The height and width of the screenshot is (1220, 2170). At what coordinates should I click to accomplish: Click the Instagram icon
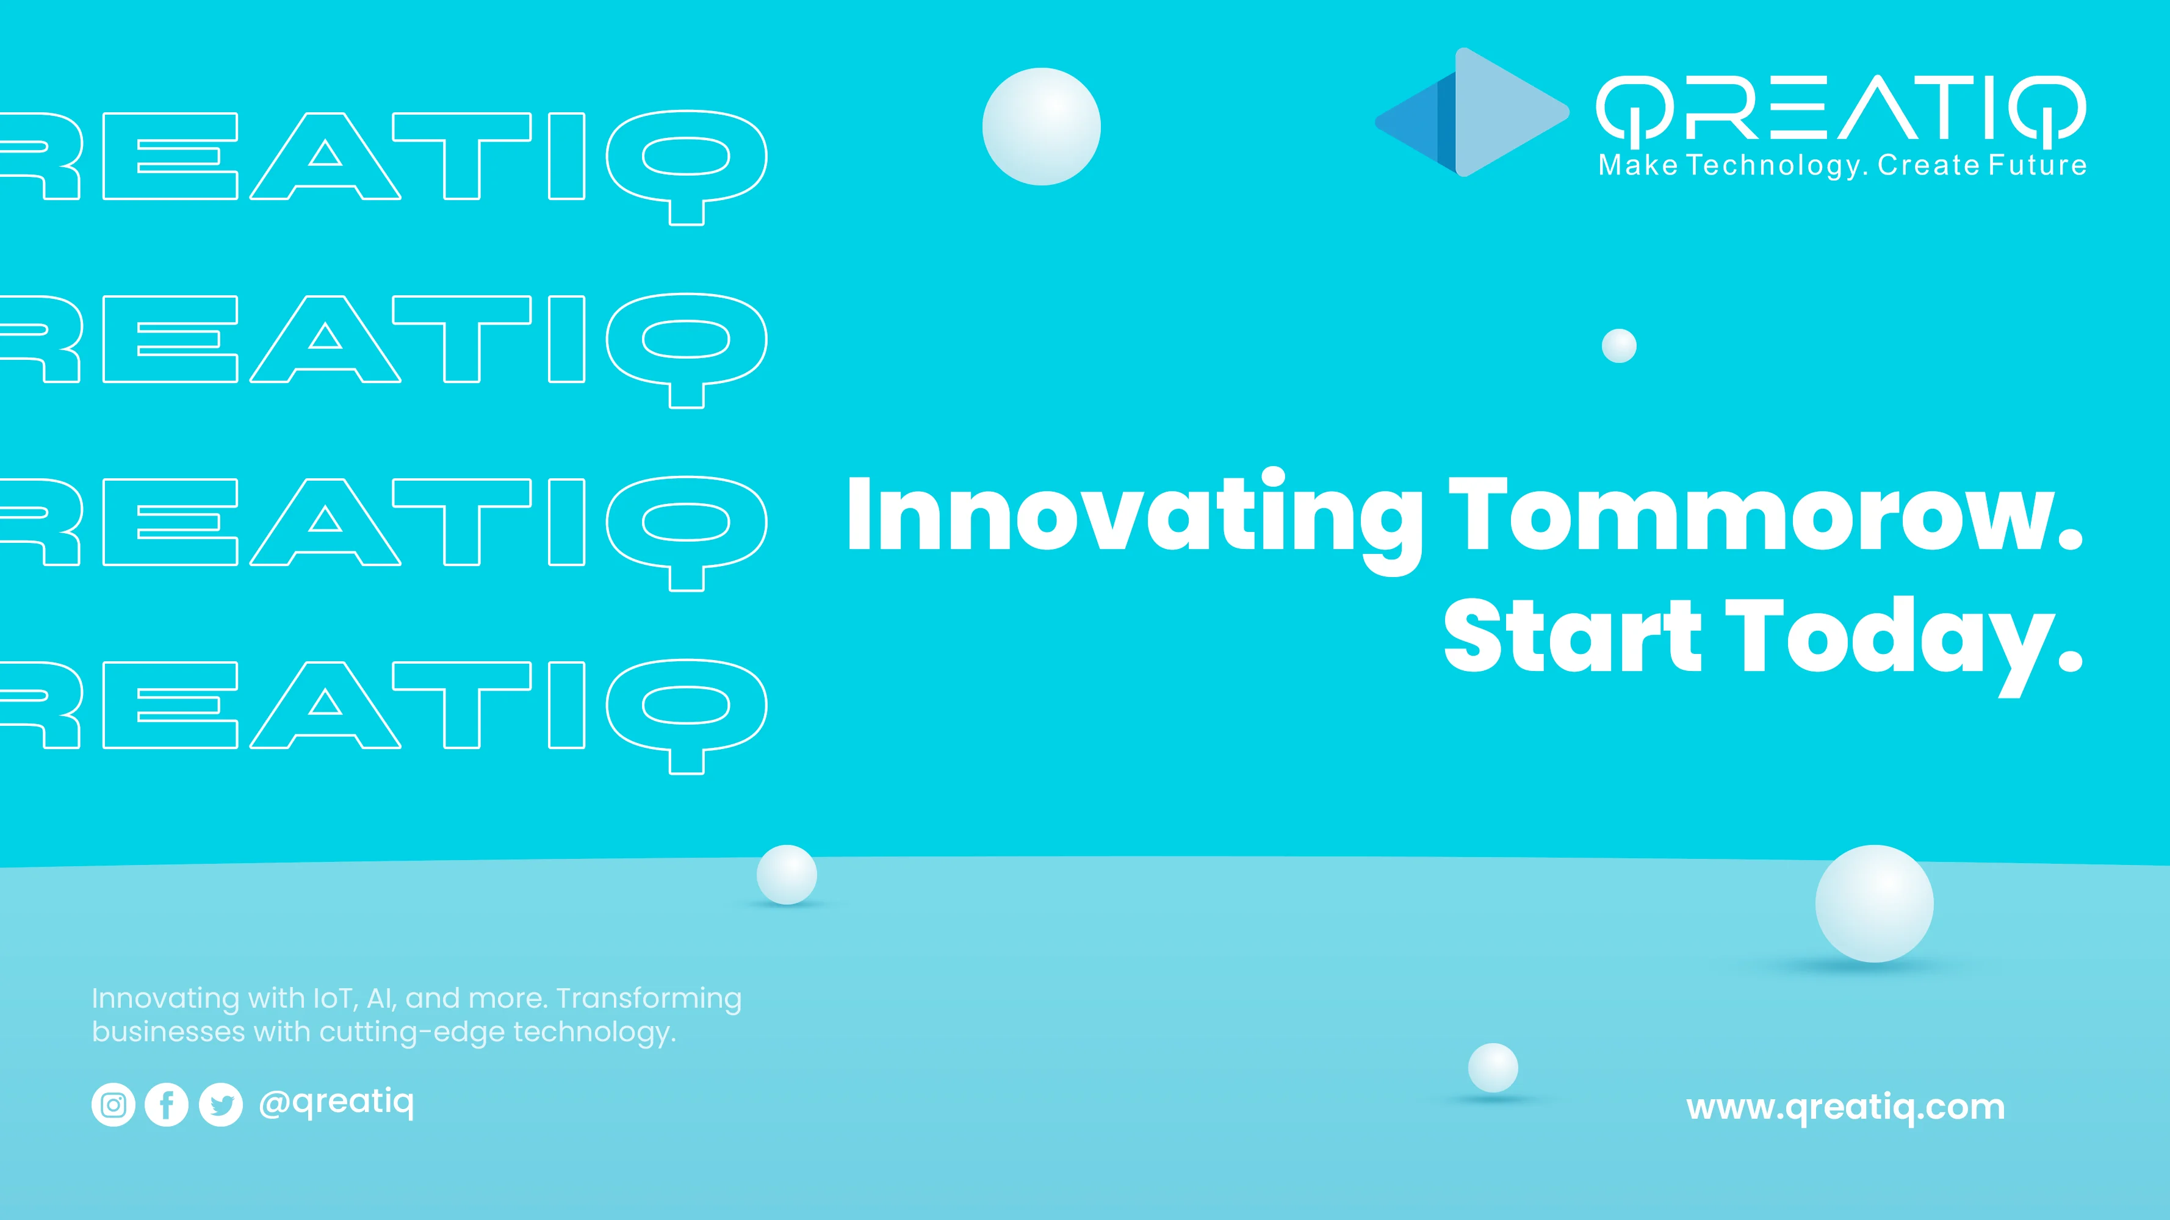(113, 1105)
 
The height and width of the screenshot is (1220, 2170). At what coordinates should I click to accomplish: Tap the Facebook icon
(167, 1105)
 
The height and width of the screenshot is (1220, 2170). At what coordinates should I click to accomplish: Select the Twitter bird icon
(221, 1105)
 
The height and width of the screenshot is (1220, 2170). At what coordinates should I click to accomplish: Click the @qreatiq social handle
(336, 1102)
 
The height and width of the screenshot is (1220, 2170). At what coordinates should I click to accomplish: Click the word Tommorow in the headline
(1765, 514)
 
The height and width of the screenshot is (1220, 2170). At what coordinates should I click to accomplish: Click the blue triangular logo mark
(1472, 112)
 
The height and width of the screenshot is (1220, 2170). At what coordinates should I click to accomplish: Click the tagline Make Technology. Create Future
(1843, 165)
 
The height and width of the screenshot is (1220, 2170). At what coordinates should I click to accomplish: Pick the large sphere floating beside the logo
(1041, 126)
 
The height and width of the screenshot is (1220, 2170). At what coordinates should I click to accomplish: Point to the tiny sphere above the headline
(1619, 346)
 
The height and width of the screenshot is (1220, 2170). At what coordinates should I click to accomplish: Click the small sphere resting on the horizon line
(787, 875)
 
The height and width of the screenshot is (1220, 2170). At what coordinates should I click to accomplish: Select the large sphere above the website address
(1874, 903)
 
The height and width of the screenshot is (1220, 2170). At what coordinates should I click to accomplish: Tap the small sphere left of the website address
(1493, 1067)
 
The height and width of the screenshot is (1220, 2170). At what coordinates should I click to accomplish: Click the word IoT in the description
(336, 999)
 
